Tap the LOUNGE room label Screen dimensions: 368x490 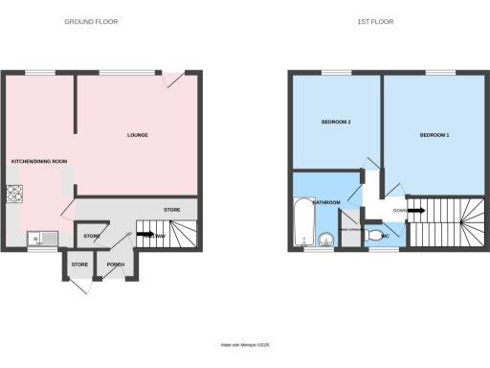[138, 135]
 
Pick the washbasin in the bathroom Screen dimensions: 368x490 [325, 241]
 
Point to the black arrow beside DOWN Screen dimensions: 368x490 [419, 211]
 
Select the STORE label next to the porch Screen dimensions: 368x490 [79, 264]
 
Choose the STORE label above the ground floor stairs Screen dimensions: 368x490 [172, 209]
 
